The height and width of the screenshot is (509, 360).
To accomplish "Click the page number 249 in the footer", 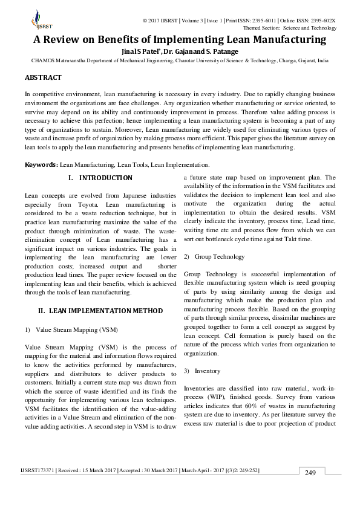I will coord(310,472).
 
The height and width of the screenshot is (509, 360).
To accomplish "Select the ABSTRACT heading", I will coord(43,78).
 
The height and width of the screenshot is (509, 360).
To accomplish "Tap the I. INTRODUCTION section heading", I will coord(100,178).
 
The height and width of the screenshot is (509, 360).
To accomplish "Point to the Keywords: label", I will coord(41,164).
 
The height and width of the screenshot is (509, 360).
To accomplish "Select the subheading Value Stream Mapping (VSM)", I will coord(76,329).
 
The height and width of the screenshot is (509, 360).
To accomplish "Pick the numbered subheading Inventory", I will coord(207,371).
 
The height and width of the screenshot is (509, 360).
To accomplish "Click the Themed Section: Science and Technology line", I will coord(289,28).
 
